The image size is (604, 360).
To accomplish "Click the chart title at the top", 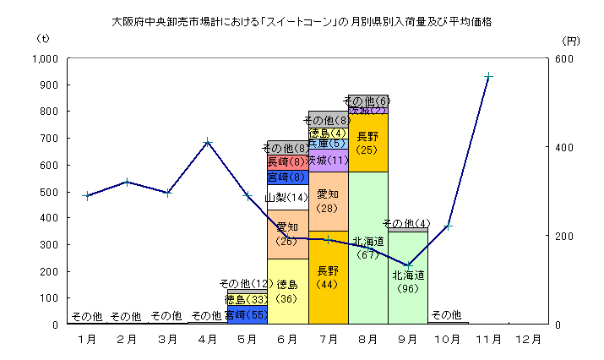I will point(302,21).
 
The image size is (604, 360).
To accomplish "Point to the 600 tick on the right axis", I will point(564,59).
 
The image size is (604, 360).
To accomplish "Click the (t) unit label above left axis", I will point(43,39).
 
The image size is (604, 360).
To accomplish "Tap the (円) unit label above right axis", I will point(570,40).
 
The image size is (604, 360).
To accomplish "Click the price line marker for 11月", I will point(488,76).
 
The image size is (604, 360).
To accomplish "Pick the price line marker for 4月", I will point(207,142).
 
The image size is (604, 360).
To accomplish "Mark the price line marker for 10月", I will point(449,226).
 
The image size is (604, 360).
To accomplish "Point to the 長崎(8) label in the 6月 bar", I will point(287,162).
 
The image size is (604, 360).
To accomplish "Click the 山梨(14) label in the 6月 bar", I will point(286,198).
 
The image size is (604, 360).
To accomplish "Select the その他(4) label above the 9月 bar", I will point(407,223).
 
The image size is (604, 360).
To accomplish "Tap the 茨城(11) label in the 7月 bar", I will point(328,161).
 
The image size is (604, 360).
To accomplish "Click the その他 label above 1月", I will point(86,316).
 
